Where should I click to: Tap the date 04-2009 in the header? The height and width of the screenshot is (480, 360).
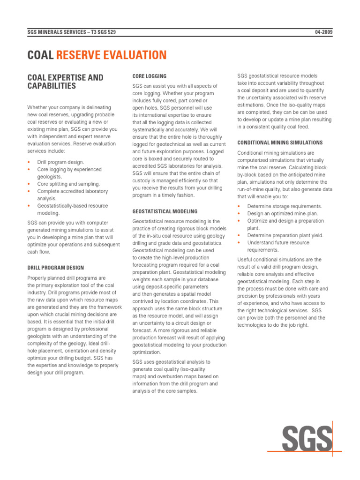(x=323, y=32)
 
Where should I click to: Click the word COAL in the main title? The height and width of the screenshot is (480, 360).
(x=41, y=55)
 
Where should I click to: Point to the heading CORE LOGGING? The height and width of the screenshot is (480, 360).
(x=149, y=76)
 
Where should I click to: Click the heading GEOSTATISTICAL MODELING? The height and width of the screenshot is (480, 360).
(x=165, y=211)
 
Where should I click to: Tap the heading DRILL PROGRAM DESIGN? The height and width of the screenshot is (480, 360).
(x=56, y=268)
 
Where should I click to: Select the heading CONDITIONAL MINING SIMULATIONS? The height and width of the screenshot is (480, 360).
(x=280, y=142)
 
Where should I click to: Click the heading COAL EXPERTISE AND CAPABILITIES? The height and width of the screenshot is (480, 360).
(x=66, y=82)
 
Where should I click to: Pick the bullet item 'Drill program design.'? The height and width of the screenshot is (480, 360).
(x=61, y=162)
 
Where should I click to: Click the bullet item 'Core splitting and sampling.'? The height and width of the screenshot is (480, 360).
(x=68, y=184)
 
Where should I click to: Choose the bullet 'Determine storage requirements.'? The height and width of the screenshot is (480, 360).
(x=285, y=206)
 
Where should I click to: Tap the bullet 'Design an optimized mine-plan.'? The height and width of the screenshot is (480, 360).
(x=283, y=214)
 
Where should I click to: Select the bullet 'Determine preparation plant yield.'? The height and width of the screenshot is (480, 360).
(x=285, y=235)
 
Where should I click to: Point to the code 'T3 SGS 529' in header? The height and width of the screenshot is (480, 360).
(x=100, y=32)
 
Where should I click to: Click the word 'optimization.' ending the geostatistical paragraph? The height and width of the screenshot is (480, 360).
(x=147, y=352)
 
